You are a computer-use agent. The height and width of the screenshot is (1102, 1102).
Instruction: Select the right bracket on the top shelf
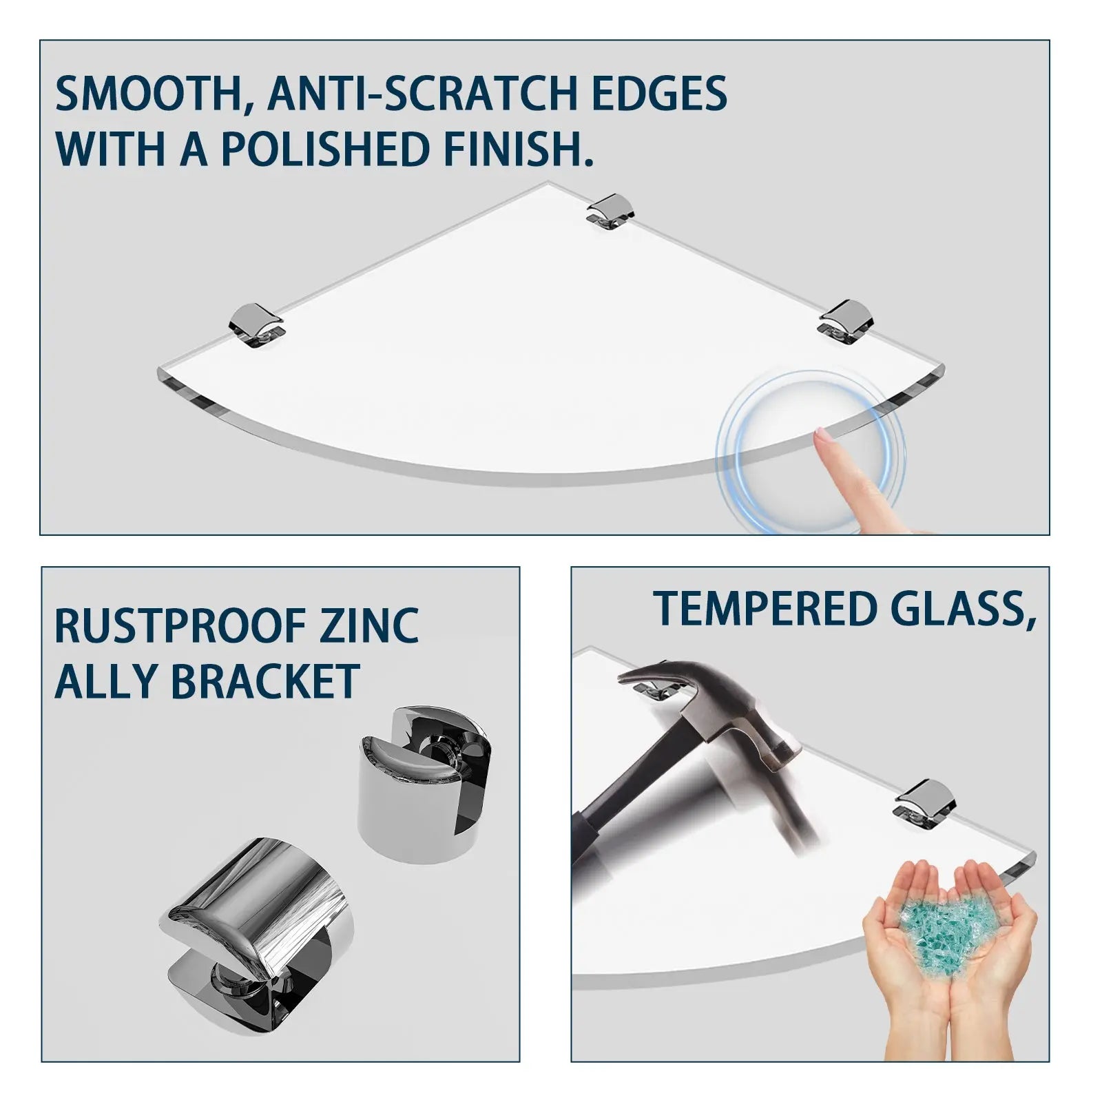(x=846, y=319)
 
